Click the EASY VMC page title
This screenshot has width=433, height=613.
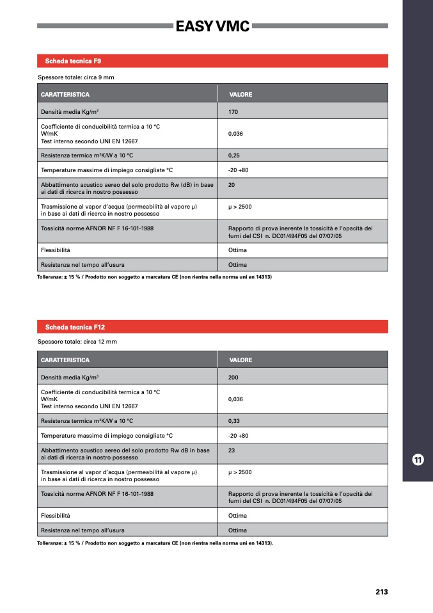tap(213, 26)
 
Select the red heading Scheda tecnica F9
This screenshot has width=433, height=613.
tap(73, 61)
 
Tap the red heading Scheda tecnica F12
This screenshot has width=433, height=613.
tap(75, 327)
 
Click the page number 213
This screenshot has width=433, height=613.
tap(382, 592)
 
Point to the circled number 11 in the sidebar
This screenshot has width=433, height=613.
tap(417, 459)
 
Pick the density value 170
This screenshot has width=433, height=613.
tap(233, 111)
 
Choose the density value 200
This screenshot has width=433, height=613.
tap(233, 378)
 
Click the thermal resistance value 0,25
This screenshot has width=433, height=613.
tap(234, 155)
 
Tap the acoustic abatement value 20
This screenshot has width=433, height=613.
tap(232, 185)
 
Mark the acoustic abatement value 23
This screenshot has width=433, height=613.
tap(232, 450)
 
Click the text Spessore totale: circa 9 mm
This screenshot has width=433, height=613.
tap(75, 77)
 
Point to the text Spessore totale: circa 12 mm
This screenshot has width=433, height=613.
tap(77, 342)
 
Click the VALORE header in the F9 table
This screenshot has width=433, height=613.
tap(240, 95)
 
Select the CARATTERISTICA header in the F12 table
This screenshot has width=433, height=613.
tap(65, 360)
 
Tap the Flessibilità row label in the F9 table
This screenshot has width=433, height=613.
tap(56, 250)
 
